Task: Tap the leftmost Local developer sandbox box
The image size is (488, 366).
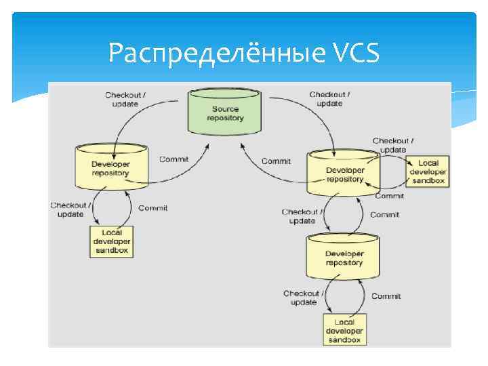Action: click(x=112, y=241)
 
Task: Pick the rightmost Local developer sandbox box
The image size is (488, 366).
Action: click(x=428, y=171)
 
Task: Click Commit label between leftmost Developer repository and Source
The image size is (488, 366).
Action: click(x=174, y=159)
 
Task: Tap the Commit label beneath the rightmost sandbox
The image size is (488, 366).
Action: click(x=389, y=195)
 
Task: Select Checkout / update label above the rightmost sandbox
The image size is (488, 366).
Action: click(x=393, y=144)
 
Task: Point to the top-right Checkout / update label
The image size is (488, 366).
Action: click(x=329, y=98)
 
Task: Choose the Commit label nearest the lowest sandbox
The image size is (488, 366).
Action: click(x=386, y=296)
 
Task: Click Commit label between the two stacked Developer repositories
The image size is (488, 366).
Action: click(x=384, y=214)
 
